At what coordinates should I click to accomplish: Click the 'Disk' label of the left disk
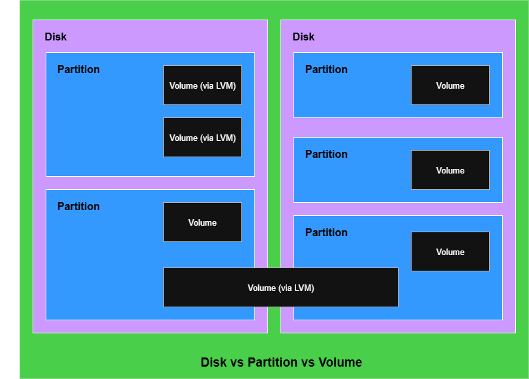tap(55, 37)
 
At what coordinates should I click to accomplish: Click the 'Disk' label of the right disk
tap(303, 37)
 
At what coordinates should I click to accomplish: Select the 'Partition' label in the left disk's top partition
tap(78, 69)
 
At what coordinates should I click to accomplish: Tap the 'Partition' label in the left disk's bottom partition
tap(78, 206)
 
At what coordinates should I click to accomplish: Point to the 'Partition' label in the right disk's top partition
tap(326, 69)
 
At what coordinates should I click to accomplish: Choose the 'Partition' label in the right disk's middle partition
tap(326, 154)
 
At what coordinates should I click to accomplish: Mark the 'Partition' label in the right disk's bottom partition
tap(326, 232)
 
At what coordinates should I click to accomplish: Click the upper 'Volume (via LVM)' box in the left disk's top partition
tap(202, 85)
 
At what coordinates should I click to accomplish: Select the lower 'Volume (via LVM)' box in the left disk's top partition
tap(202, 137)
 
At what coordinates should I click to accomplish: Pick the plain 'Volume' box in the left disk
tap(202, 222)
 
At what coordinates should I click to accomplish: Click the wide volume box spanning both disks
tap(280, 287)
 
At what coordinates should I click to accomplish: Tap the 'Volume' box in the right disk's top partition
tap(450, 85)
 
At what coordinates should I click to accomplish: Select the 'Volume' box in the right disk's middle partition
tap(450, 170)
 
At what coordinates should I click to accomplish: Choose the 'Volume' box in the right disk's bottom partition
tap(450, 251)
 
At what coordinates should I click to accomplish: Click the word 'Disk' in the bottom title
tap(213, 363)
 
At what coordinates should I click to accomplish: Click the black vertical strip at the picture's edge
tap(9, 189)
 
